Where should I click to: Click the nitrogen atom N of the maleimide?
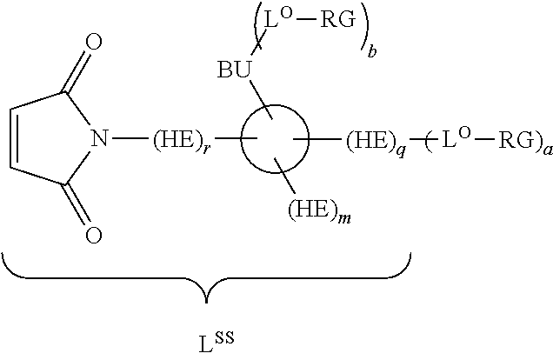99,138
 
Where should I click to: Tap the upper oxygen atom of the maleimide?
94,42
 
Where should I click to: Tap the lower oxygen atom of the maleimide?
94,235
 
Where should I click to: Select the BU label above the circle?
234,70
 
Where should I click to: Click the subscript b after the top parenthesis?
372,51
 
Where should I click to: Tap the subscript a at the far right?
548,150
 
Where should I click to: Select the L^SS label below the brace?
217,342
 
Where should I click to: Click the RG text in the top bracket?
338,20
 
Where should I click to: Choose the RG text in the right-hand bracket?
516,140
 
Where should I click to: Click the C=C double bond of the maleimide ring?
11,138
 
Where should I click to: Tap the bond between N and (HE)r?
130,138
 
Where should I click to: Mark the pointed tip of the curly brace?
206,303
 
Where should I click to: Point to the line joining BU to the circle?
261,100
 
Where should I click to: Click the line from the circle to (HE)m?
285,176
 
